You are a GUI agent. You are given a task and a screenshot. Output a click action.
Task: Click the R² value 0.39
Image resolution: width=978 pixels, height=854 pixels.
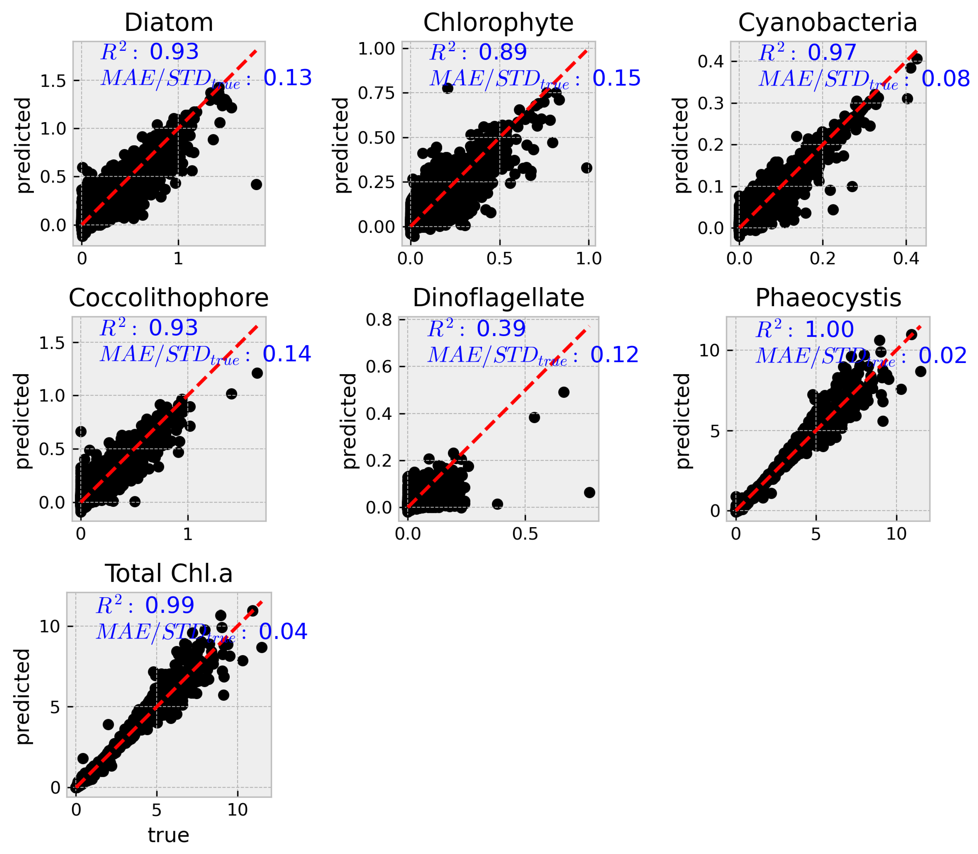pos(501,329)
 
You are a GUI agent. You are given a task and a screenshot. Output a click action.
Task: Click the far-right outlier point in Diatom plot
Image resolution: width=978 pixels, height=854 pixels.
pos(256,185)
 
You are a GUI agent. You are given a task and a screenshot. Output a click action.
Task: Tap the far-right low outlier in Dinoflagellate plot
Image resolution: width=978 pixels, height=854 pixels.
pos(589,492)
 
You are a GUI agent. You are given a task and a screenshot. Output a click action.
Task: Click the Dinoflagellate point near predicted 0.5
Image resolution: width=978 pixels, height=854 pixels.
pos(564,392)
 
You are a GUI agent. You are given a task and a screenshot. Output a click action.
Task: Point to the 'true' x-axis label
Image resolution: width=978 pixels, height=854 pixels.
pos(168,835)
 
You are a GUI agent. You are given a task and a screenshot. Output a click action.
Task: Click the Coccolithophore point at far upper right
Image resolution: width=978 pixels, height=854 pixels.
pos(257,373)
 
